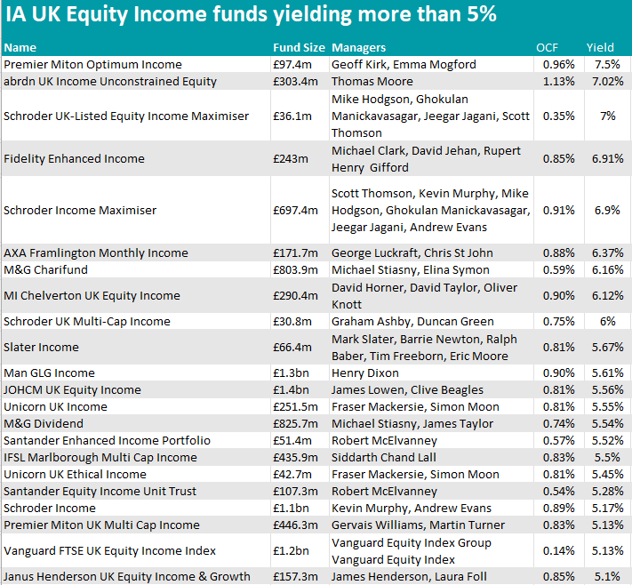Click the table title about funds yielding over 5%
click(x=251, y=15)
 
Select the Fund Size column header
click(x=299, y=47)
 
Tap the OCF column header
click(x=548, y=47)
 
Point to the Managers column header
click(x=358, y=47)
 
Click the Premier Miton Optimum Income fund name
click(x=92, y=64)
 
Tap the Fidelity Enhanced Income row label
click(x=74, y=158)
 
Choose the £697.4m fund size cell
click(x=295, y=210)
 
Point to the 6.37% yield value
click(x=604, y=252)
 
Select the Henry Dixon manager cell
click(x=364, y=373)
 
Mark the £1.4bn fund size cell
click(x=291, y=389)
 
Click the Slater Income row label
click(x=41, y=347)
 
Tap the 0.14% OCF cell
click(x=558, y=550)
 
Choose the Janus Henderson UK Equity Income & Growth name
click(x=127, y=576)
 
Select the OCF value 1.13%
click(x=558, y=81)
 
